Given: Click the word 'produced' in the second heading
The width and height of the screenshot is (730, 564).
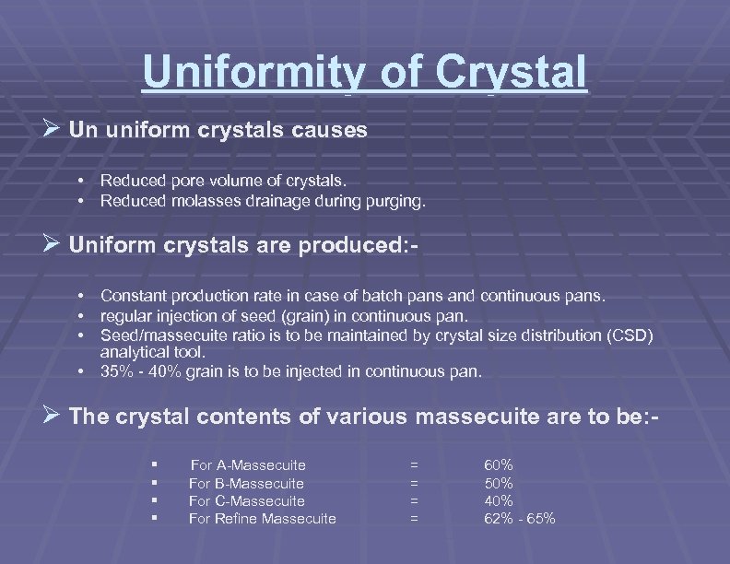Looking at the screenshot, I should point(356,246).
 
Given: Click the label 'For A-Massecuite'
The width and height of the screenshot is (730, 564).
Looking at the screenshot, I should point(247,465).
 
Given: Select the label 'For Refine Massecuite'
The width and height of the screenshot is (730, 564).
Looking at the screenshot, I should point(262,519).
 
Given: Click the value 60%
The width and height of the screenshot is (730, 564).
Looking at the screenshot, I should point(499,465).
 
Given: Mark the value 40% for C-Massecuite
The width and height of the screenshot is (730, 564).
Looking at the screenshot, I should point(499,501).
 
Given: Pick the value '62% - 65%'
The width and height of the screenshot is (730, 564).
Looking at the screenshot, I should point(520,519).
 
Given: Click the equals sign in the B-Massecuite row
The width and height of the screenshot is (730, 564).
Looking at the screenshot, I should point(414,484).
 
